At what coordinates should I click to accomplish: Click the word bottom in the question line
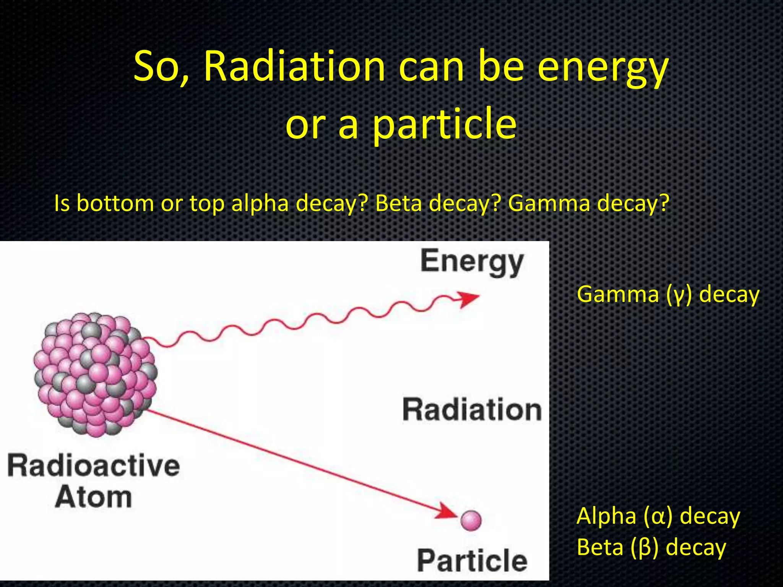coord(114,203)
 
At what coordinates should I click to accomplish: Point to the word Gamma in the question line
coord(549,203)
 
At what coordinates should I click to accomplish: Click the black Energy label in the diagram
coord(472,262)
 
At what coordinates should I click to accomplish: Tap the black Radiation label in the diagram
coord(472,410)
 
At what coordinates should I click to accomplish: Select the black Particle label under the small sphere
coord(472,561)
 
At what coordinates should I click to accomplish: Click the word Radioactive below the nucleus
coord(94,465)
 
